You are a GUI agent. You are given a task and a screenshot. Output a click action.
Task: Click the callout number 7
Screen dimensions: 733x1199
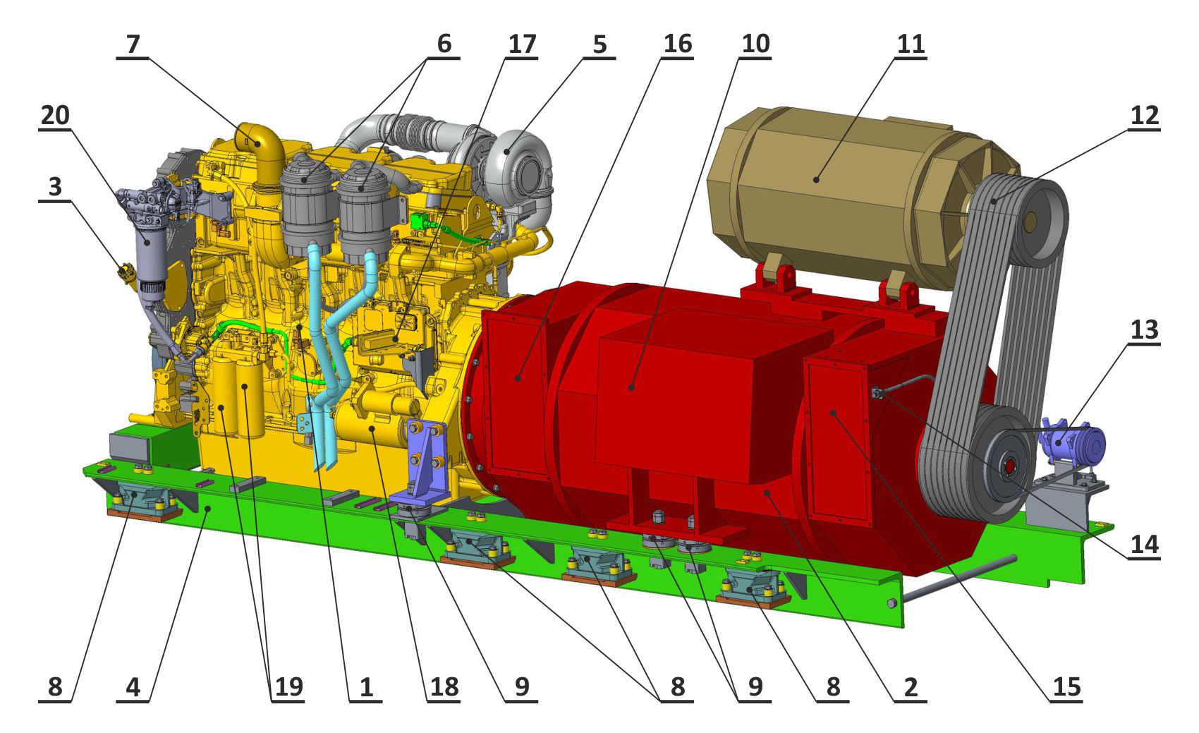[x=133, y=44]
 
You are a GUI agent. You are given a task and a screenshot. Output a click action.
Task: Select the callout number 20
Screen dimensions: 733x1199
[x=55, y=115]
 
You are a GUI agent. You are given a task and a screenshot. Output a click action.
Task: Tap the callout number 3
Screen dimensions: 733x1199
[x=55, y=187]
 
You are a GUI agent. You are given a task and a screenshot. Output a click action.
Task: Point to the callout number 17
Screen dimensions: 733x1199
[x=522, y=44]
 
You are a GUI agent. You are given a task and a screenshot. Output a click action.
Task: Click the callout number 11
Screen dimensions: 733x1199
[x=910, y=44]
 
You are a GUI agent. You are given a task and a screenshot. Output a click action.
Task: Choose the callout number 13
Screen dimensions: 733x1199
[x=1144, y=329]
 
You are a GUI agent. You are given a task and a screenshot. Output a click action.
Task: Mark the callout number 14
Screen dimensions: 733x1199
[x=1144, y=544]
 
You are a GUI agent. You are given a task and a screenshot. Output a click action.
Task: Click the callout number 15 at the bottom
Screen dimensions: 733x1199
[x=1066, y=686]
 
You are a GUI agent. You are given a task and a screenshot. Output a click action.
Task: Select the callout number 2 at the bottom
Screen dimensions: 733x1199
[x=911, y=686]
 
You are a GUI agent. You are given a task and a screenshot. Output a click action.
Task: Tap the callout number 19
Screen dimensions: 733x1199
[x=288, y=686]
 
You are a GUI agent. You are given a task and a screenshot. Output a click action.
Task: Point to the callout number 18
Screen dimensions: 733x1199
[x=444, y=686]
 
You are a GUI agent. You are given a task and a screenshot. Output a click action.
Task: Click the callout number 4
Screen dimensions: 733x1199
[x=133, y=686]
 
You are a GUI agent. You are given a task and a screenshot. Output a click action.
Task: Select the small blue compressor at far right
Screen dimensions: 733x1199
[x=1071, y=442]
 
